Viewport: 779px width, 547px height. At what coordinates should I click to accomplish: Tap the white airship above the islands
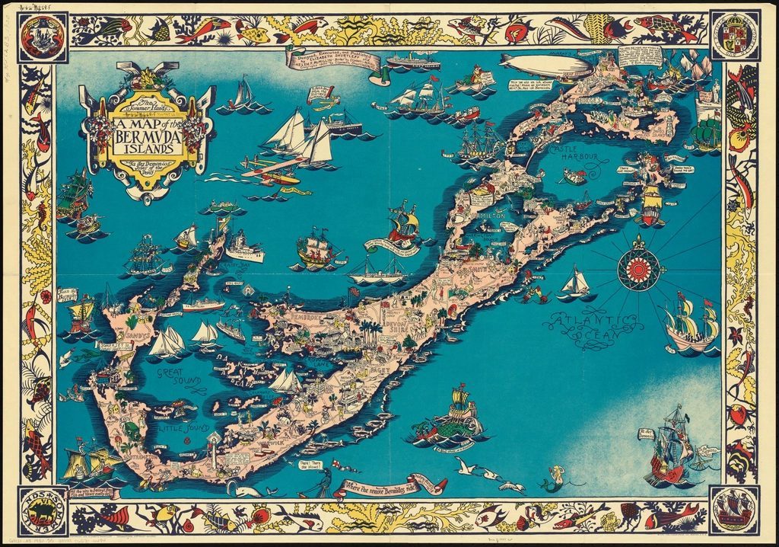546,67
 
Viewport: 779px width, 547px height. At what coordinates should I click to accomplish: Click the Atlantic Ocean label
597,323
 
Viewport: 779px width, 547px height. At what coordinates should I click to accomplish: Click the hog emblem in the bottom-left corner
43,510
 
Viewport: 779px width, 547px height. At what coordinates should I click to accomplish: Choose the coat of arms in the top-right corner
734,36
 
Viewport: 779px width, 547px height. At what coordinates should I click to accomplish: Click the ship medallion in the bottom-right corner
734,510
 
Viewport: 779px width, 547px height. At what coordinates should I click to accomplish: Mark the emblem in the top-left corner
43,37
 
